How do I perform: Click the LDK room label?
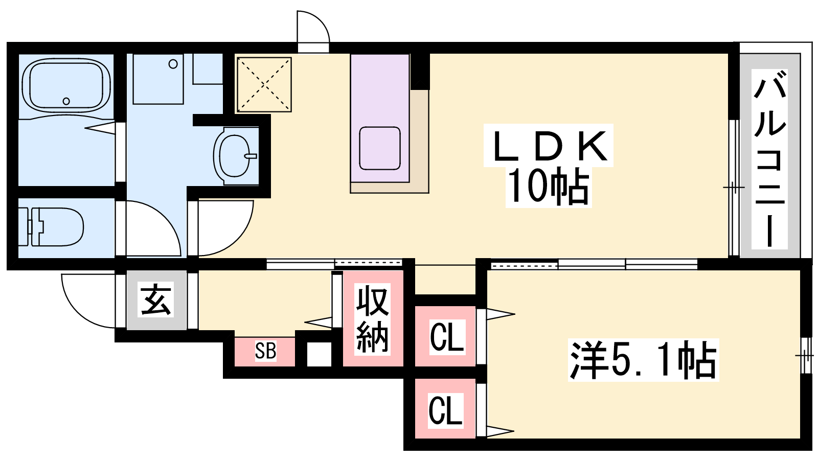549,146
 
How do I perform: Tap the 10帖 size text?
549,187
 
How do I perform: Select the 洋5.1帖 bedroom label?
643,360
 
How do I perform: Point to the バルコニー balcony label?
769,159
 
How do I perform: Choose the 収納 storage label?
372,319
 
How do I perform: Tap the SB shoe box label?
265,351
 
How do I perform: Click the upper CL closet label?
447,337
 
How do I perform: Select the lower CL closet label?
445,410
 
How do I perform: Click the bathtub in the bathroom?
66,86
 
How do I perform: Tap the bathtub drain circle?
66,101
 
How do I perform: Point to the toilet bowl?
51,227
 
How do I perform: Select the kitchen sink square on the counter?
380,148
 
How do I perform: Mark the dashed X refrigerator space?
264,84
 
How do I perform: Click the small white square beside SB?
319,354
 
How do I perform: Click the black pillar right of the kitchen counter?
420,72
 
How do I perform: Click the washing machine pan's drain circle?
173,64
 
